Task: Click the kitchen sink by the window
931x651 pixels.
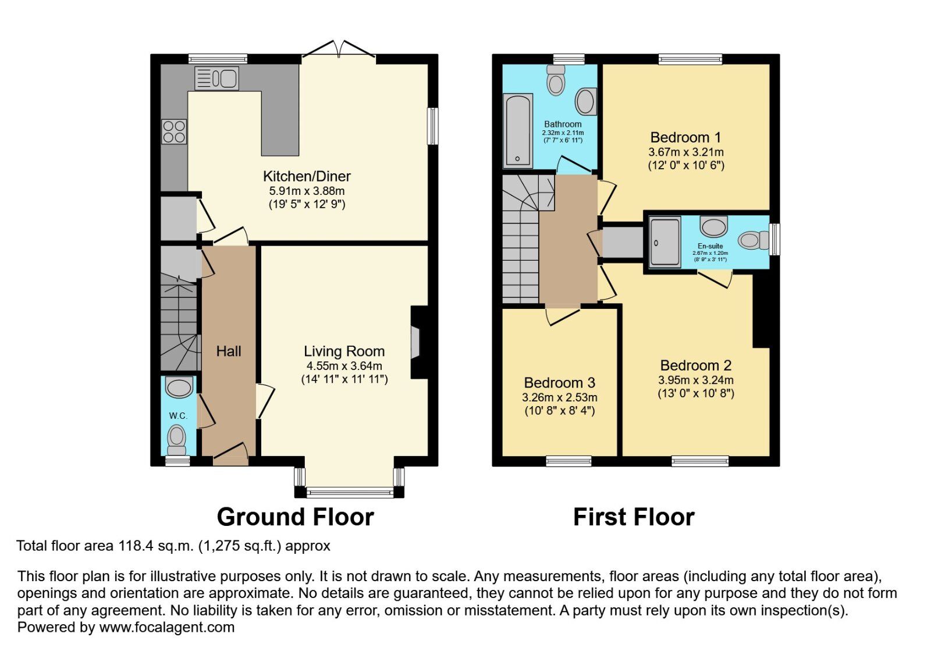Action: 216,78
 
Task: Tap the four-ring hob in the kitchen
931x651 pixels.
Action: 174,131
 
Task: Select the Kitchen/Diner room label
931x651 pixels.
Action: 307,176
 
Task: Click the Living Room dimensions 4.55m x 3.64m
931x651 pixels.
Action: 344,366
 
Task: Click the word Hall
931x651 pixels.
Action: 229,351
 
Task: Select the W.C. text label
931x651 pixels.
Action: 178,416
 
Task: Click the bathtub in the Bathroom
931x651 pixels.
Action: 517,130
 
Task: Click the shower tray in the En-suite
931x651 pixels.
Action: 665,241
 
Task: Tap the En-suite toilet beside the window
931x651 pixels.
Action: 752,240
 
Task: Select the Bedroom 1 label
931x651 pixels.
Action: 685,138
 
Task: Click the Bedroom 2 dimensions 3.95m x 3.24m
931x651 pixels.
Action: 695,380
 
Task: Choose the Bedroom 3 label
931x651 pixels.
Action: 559,383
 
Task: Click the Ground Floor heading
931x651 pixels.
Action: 295,517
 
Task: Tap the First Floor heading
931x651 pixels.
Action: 634,517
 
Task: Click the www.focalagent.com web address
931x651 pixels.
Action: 167,628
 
